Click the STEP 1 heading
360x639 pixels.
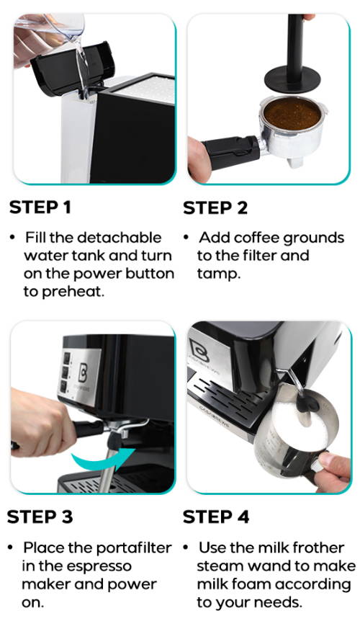[x=40, y=207]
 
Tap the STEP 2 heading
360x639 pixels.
[x=215, y=207]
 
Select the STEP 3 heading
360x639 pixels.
[x=40, y=517]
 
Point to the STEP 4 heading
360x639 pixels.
[x=216, y=517]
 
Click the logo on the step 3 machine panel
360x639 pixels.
[x=83, y=372]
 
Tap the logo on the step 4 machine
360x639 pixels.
[x=199, y=349]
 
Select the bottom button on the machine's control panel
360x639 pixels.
[x=63, y=386]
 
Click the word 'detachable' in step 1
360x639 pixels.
[x=119, y=237]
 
